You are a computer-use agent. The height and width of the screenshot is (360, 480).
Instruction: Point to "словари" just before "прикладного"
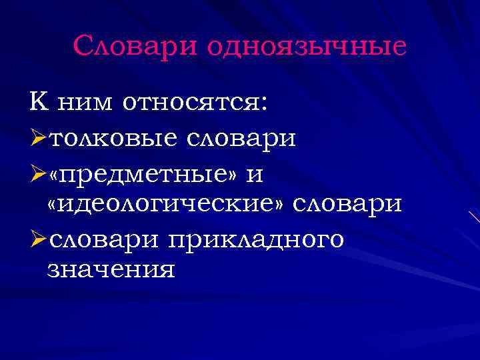click(107, 238)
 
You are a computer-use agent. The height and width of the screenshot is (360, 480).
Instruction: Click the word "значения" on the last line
click(112, 271)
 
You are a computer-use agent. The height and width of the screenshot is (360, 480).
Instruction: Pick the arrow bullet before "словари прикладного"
click(38, 238)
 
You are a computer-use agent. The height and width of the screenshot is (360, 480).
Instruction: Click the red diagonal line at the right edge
click(474, 217)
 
